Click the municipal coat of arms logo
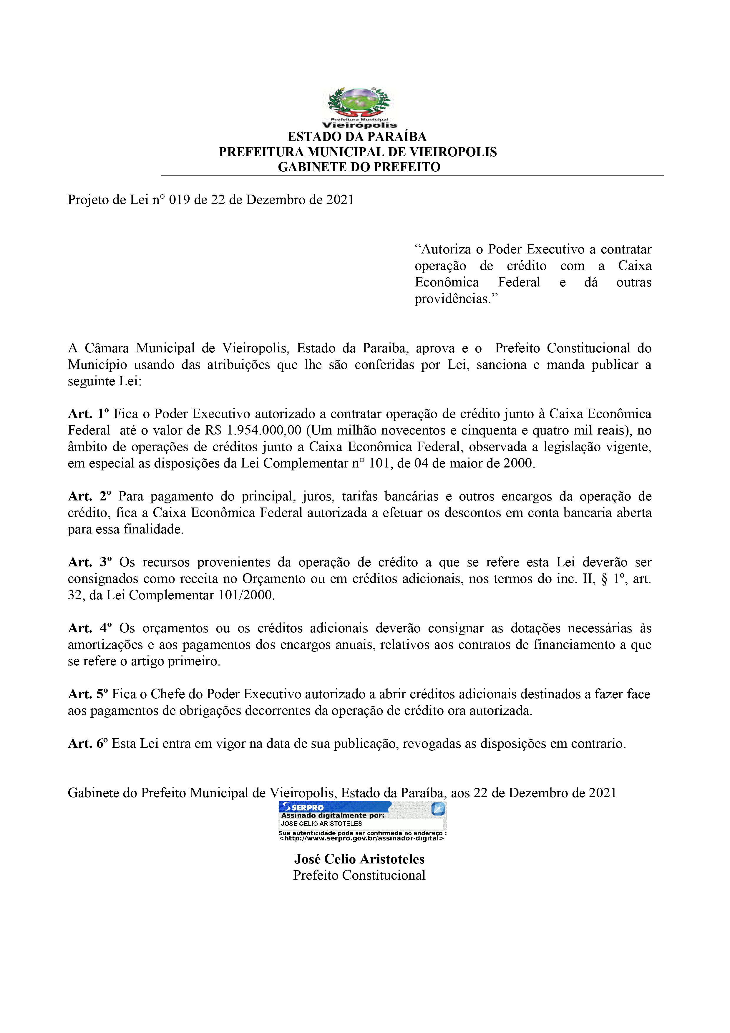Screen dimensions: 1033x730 pos(359,108)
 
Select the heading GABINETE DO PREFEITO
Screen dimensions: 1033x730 pos(359,167)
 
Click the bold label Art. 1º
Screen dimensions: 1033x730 pos(89,414)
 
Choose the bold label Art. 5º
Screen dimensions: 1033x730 pos(89,694)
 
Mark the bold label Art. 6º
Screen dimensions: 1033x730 pos(88,744)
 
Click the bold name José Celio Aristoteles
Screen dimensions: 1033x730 pos(359,859)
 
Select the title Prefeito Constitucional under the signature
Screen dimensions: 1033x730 pos(359,875)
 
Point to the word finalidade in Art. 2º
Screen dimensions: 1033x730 pos(153,530)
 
